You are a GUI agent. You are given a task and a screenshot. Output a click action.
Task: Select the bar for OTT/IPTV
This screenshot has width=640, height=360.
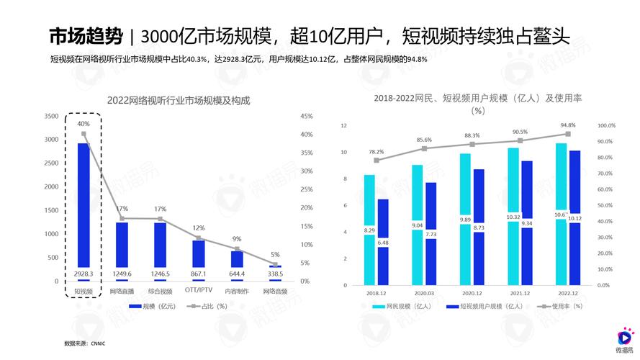198,253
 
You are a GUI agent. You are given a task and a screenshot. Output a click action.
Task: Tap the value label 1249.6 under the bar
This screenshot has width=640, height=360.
122,274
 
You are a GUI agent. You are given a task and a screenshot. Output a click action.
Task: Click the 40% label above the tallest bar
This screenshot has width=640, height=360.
84,124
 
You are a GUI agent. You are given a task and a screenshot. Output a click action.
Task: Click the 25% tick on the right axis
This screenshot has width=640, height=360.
306,189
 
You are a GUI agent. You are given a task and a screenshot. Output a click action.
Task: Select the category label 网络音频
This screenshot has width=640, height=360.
275,292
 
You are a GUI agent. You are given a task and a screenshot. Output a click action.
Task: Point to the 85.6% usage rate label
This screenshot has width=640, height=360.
424,140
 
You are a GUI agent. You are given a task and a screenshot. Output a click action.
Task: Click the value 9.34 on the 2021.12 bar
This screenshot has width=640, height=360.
527,223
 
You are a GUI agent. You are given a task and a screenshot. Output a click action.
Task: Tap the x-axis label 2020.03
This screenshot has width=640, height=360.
424,294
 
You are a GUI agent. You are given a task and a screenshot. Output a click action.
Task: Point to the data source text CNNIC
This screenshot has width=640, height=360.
98,343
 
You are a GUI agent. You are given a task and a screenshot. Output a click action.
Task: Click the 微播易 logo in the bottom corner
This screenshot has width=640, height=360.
623,340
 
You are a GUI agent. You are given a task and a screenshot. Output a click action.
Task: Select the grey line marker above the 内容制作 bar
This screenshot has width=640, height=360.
237,248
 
